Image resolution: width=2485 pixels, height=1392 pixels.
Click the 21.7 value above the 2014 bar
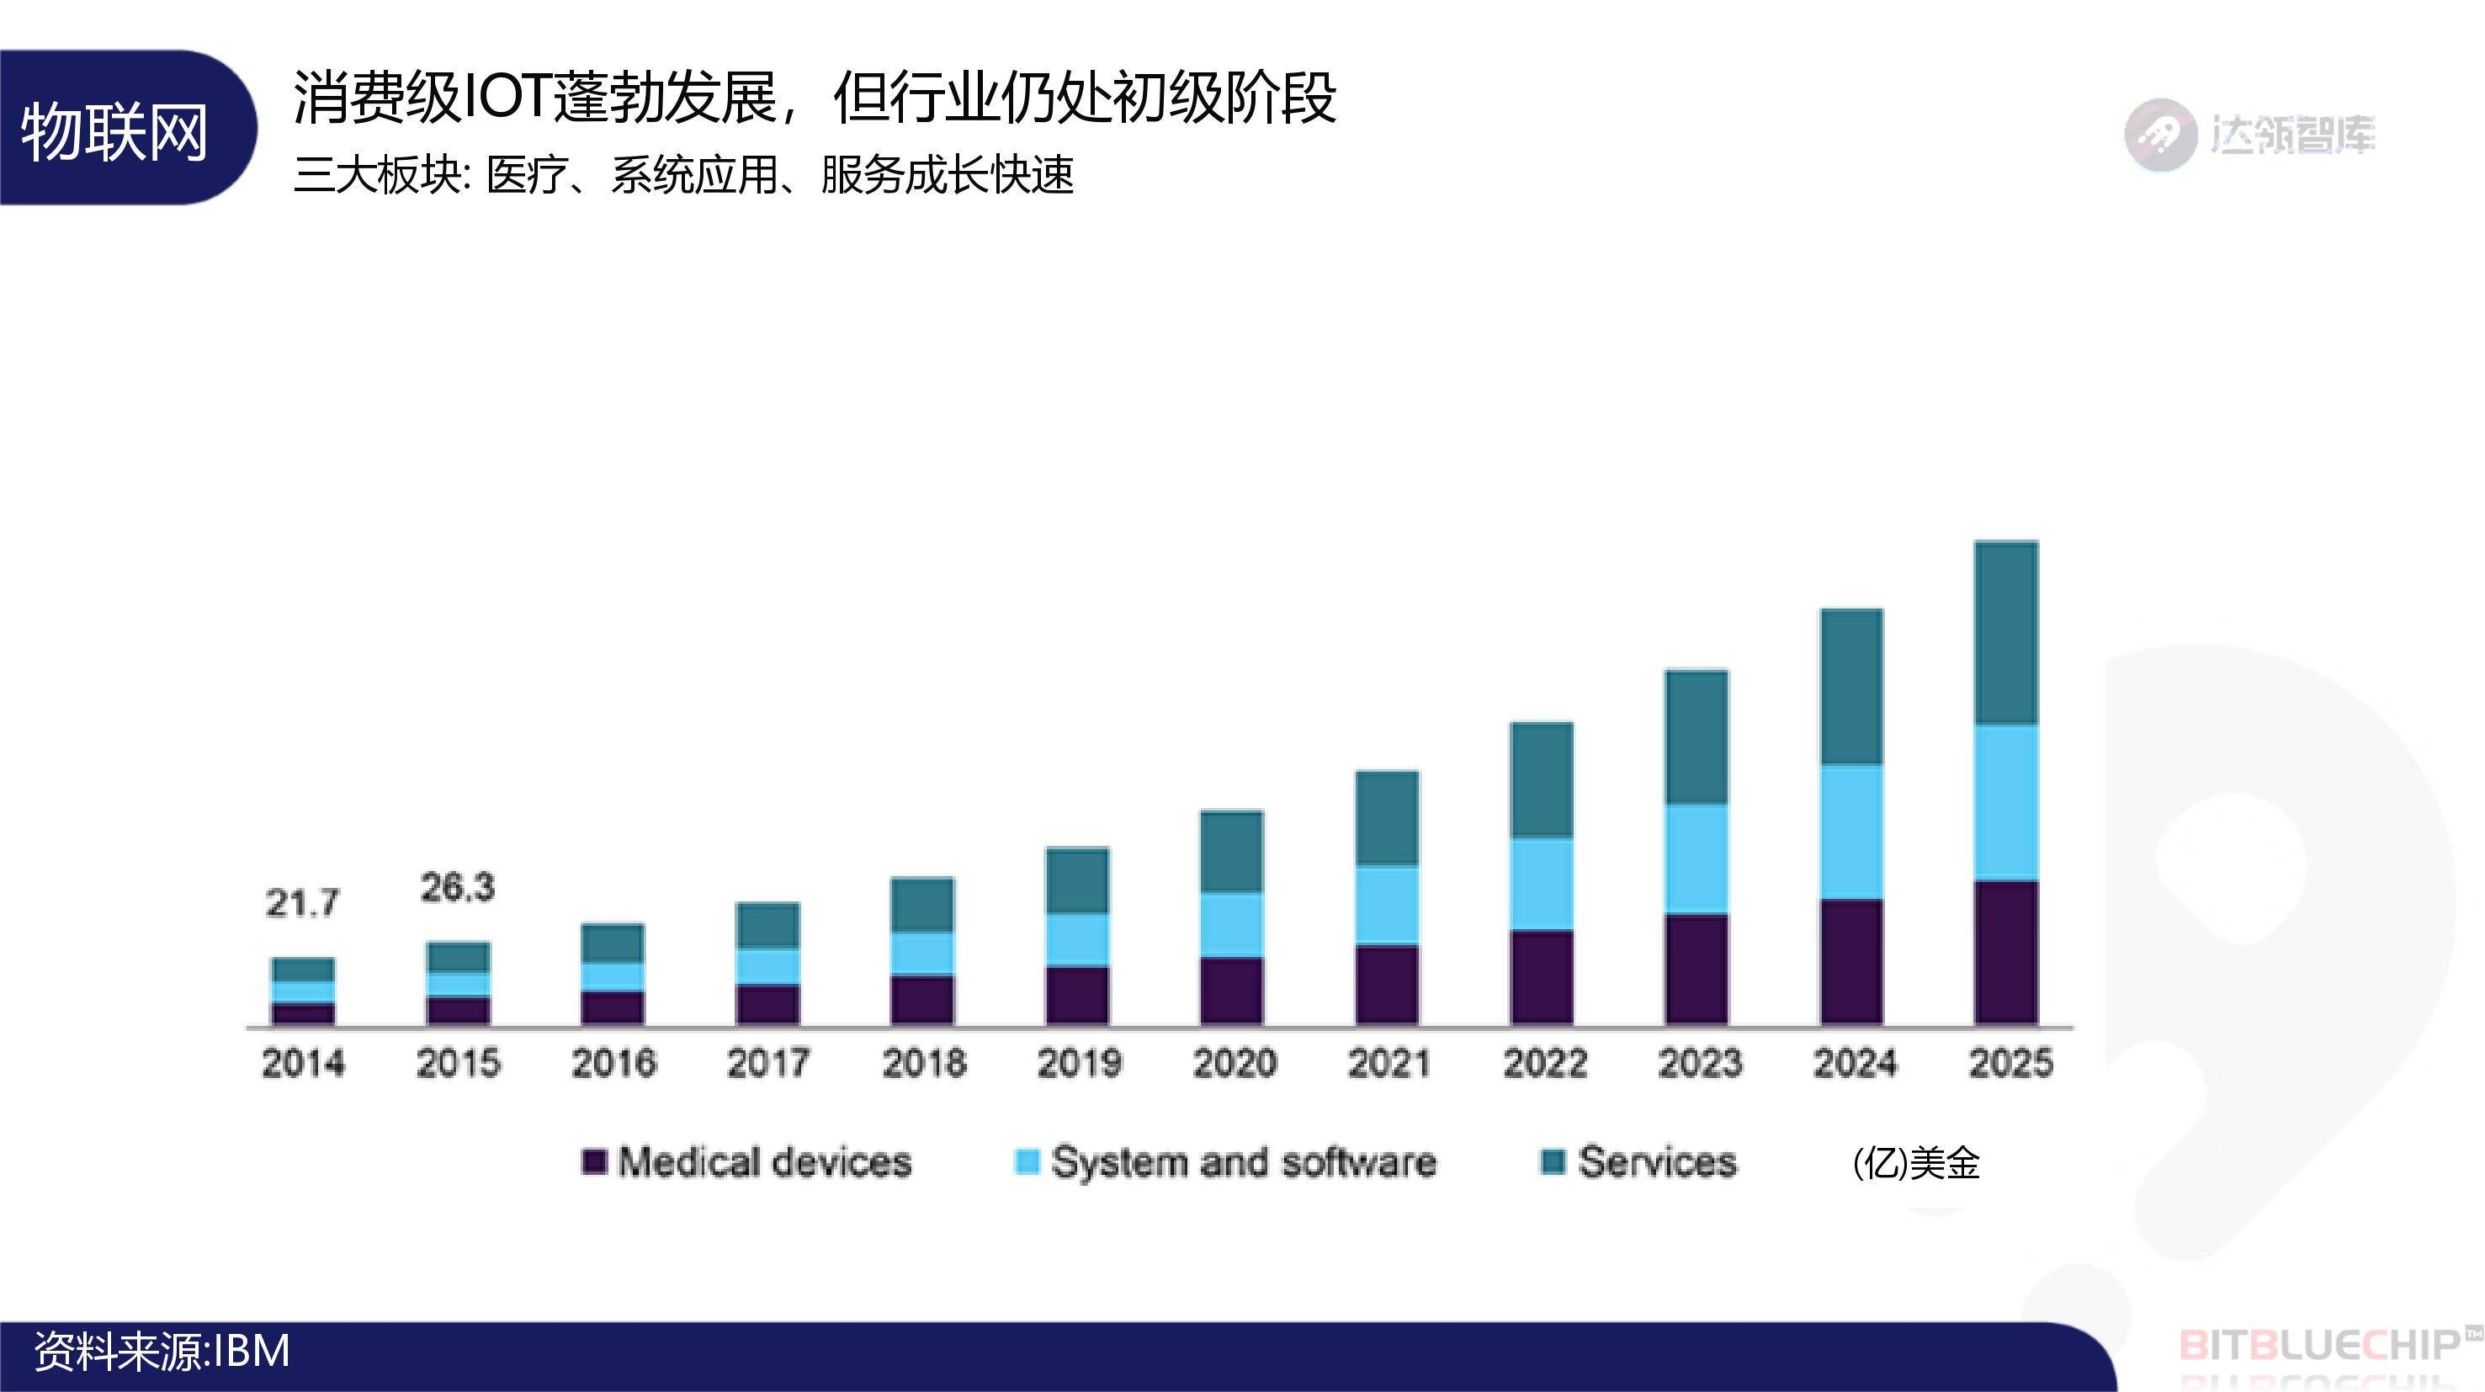(302, 904)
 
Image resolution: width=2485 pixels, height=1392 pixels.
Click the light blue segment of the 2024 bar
(1851, 832)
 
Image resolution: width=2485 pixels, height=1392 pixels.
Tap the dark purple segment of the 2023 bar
(1696, 969)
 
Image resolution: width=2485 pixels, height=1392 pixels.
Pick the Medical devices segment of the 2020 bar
(1231, 991)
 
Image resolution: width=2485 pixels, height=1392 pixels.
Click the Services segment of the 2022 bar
(1542, 779)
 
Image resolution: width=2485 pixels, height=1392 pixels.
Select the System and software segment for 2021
(1386, 905)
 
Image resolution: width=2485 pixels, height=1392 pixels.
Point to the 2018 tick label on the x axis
(923, 1063)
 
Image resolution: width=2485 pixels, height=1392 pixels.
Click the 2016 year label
(613, 1063)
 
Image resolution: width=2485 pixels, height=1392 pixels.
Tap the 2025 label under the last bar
(2010, 1063)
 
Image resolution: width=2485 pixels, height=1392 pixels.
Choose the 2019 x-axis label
(1079, 1063)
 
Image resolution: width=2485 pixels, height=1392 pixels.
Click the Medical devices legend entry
(747, 1162)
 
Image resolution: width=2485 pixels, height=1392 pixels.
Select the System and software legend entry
(1225, 1162)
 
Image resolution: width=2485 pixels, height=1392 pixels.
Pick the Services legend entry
(1639, 1162)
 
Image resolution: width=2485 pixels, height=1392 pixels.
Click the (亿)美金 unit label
(1916, 1163)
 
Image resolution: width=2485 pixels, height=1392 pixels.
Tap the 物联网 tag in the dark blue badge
(114, 130)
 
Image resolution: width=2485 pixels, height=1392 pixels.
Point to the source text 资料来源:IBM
(162, 1352)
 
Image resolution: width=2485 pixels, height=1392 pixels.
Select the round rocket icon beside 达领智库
(2160, 135)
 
